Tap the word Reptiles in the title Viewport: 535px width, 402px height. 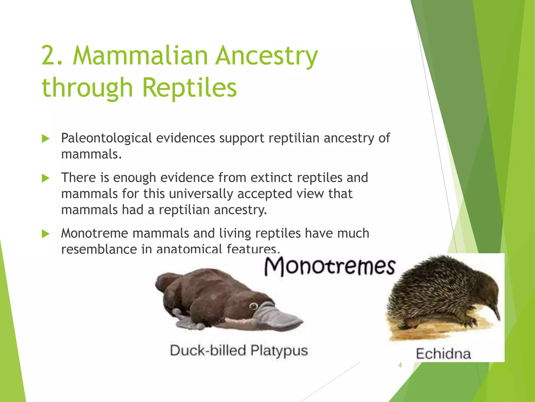189,88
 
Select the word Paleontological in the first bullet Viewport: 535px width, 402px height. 106,138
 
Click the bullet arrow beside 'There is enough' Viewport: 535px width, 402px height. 46,178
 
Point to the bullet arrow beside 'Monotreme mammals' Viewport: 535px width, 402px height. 46,234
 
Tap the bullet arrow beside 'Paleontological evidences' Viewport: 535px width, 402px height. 46,139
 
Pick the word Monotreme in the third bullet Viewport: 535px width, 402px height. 94,233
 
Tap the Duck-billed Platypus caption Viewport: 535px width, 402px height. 239,351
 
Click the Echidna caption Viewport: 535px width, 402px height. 443,354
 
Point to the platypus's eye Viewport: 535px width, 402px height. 253,306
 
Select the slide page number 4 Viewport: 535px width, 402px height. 400,365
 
